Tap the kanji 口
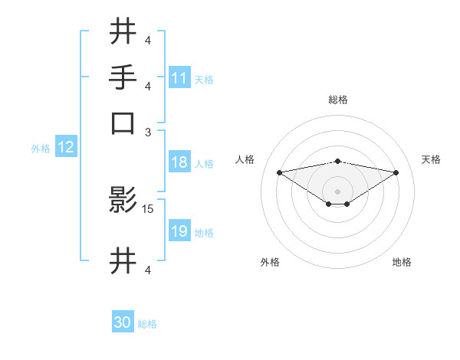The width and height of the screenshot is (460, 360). point(123,123)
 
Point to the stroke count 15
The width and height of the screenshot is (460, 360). point(149,208)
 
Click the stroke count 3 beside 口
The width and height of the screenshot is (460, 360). point(149,131)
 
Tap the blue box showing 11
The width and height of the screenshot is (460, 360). point(179,78)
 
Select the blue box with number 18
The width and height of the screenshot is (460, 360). point(179,163)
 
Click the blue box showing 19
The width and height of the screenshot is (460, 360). point(179,232)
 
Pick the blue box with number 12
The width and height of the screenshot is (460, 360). point(66,148)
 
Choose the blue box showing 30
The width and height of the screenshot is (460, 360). point(123,323)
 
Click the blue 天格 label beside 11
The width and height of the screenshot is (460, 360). point(204,79)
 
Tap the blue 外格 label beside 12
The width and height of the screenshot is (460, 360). point(41,149)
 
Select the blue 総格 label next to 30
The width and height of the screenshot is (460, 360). point(147,324)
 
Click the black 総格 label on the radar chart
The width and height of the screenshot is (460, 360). point(338,100)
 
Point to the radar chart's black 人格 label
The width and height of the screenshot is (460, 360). point(245,159)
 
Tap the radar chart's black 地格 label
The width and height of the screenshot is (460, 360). point(402,262)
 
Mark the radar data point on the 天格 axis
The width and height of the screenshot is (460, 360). point(396,172)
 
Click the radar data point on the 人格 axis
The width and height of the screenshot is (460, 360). point(280,172)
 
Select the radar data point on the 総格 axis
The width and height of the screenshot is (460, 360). point(338,161)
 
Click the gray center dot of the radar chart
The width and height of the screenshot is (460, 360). point(338,191)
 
